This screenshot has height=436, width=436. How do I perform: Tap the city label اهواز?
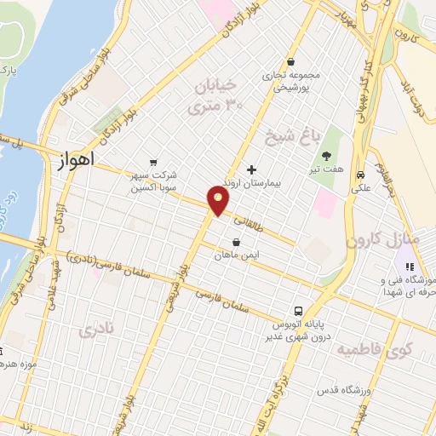point(78,159)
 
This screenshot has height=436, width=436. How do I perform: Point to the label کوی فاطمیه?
point(374,348)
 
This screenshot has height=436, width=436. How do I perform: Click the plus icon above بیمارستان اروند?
point(250,169)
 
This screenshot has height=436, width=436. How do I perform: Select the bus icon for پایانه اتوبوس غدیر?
point(298,311)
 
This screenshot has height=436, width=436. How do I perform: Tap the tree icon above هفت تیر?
point(327,155)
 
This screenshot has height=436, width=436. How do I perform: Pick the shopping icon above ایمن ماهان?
point(235,242)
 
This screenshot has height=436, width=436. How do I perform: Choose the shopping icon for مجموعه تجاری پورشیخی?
point(291,61)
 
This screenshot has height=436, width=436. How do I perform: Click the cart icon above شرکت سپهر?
point(152,162)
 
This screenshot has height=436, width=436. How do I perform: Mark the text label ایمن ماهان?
point(235,255)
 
